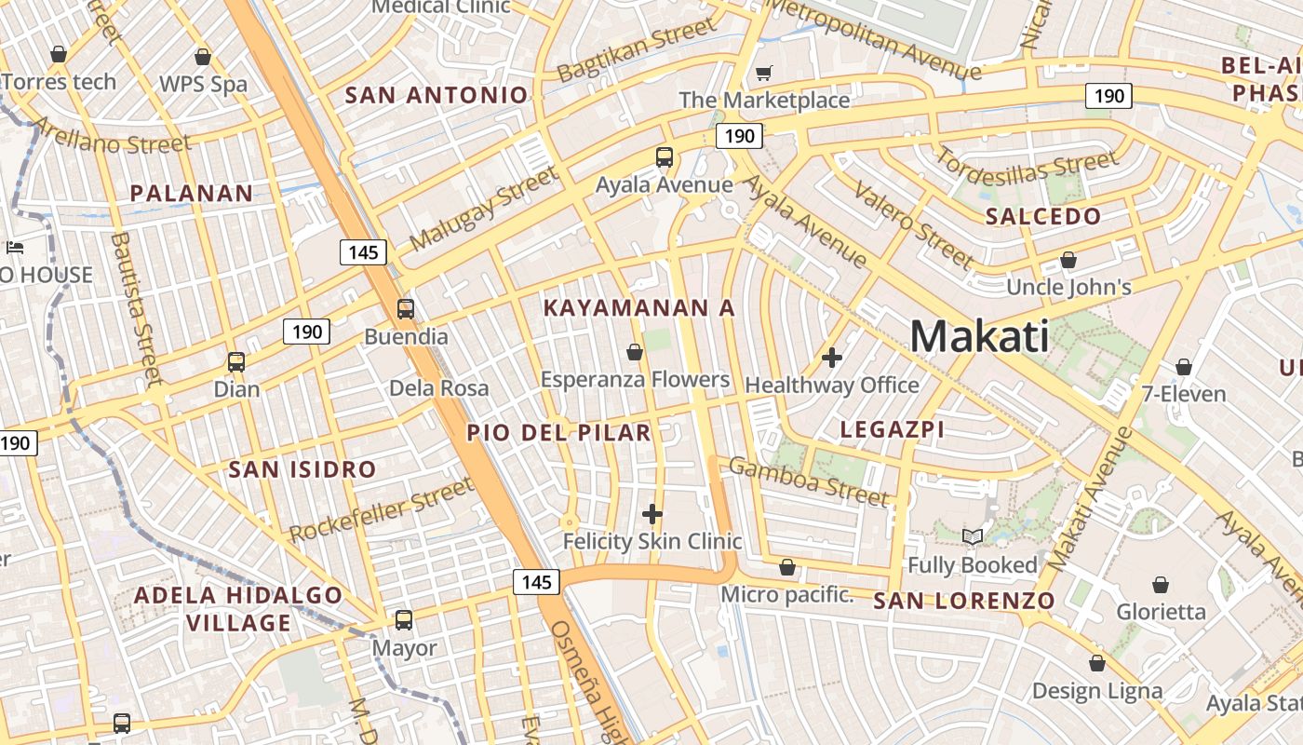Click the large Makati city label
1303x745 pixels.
(x=979, y=336)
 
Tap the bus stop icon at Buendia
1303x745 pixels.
(x=406, y=309)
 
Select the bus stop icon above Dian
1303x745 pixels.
(x=236, y=362)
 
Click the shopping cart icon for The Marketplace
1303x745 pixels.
(x=764, y=73)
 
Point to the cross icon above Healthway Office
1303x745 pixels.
(x=832, y=357)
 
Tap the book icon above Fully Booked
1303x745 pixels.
(x=973, y=536)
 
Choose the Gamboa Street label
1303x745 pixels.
(x=808, y=481)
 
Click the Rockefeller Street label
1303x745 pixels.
(x=382, y=510)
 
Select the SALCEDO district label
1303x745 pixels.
(x=1043, y=217)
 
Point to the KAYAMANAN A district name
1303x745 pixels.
(x=639, y=307)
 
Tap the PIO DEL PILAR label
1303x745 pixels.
(x=558, y=432)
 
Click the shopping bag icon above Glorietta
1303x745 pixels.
(x=1161, y=585)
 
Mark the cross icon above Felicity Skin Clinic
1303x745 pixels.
(x=652, y=513)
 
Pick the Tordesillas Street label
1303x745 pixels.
(x=1026, y=168)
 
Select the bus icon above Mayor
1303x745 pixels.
(x=404, y=619)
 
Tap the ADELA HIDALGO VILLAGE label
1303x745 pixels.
(x=238, y=608)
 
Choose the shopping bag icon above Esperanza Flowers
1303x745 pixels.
(x=635, y=352)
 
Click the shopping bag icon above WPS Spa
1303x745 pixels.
(x=203, y=58)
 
